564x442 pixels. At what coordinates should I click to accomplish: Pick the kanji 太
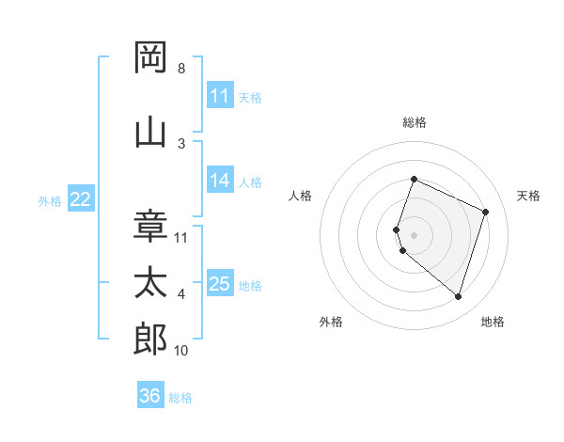point(150,283)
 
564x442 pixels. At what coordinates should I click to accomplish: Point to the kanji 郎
point(150,339)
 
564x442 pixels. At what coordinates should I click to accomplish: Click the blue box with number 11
point(220,96)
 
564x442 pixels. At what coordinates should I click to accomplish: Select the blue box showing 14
point(220,181)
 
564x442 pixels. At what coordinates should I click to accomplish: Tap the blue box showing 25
point(220,284)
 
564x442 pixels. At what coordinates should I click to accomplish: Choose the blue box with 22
point(81,199)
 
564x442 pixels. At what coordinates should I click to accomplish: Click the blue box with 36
point(150,396)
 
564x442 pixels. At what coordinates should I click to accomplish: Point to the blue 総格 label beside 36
point(180,398)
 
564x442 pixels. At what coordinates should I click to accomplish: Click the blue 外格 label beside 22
point(50,200)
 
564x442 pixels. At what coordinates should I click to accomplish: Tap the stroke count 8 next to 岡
point(181,69)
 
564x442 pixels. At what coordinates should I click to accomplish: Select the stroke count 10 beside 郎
point(181,351)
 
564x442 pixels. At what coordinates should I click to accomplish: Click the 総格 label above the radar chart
point(415,122)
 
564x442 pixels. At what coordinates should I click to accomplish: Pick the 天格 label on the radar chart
point(529,196)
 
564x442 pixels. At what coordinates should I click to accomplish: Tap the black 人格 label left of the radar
point(301,196)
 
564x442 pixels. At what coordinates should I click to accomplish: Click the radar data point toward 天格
point(485,212)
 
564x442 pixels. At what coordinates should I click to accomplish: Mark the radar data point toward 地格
point(458,296)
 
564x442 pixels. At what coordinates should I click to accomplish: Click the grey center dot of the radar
point(415,234)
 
